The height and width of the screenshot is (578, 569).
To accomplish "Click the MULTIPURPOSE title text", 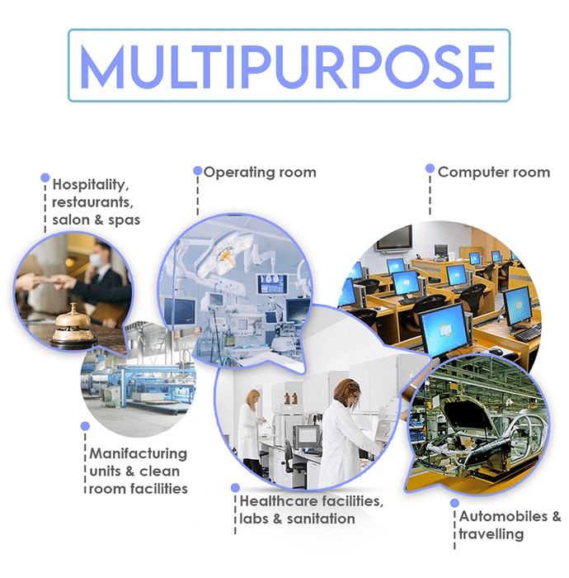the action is pos(287,66).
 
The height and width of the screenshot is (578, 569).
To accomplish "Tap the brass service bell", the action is pos(70,324).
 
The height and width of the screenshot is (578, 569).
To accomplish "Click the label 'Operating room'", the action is pos(260,173).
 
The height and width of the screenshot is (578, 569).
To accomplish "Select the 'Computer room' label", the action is pos(494,172).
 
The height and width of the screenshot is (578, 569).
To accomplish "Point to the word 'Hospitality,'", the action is pos(91,185).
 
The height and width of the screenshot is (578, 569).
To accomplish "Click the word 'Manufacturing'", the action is pos(138,454).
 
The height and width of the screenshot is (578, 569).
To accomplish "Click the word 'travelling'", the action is pos(491,534).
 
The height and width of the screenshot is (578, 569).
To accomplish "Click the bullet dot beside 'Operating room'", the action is pos(198,171).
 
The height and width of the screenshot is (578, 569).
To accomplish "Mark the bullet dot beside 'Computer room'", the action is pos(430,168).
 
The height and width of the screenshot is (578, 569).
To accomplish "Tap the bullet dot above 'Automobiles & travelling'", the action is pos(454,503).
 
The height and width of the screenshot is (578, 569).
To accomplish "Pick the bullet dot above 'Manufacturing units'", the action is pos(85,426).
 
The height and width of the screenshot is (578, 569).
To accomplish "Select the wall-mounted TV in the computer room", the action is pos(395,238).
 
